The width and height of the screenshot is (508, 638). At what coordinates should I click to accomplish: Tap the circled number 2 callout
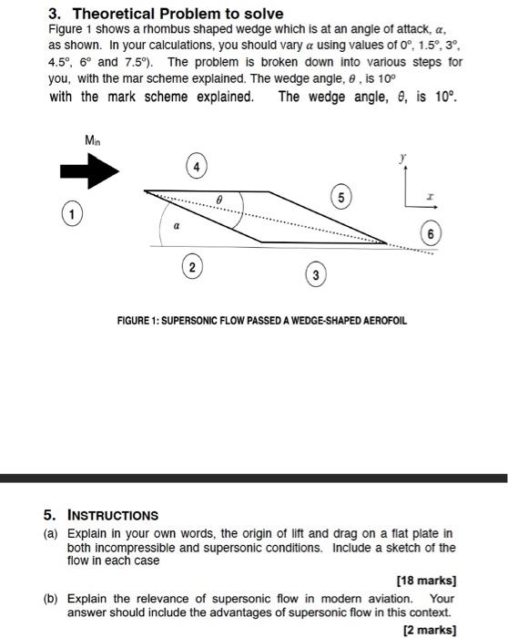pyautogui.click(x=190, y=267)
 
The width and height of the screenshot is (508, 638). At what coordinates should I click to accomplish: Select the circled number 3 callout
pyautogui.click(x=314, y=275)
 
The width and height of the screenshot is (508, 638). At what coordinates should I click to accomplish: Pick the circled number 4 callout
pyautogui.click(x=196, y=167)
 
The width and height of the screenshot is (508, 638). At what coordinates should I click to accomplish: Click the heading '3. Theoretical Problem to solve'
pyautogui.click(x=165, y=14)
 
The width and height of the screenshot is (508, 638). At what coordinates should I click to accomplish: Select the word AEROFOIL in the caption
pyautogui.click(x=384, y=321)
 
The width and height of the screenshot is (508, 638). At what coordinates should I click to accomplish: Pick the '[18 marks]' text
pyautogui.click(x=426, y=580)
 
